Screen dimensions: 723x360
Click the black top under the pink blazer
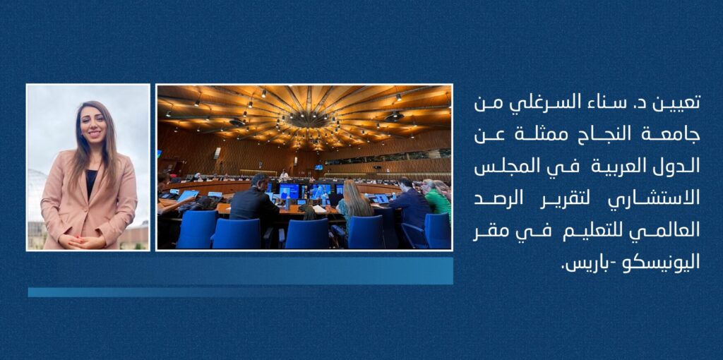click(x=91, y=181)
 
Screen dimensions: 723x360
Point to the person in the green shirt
click(x=437, y=198)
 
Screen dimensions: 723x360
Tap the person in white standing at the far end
click(x=284, y=174)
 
